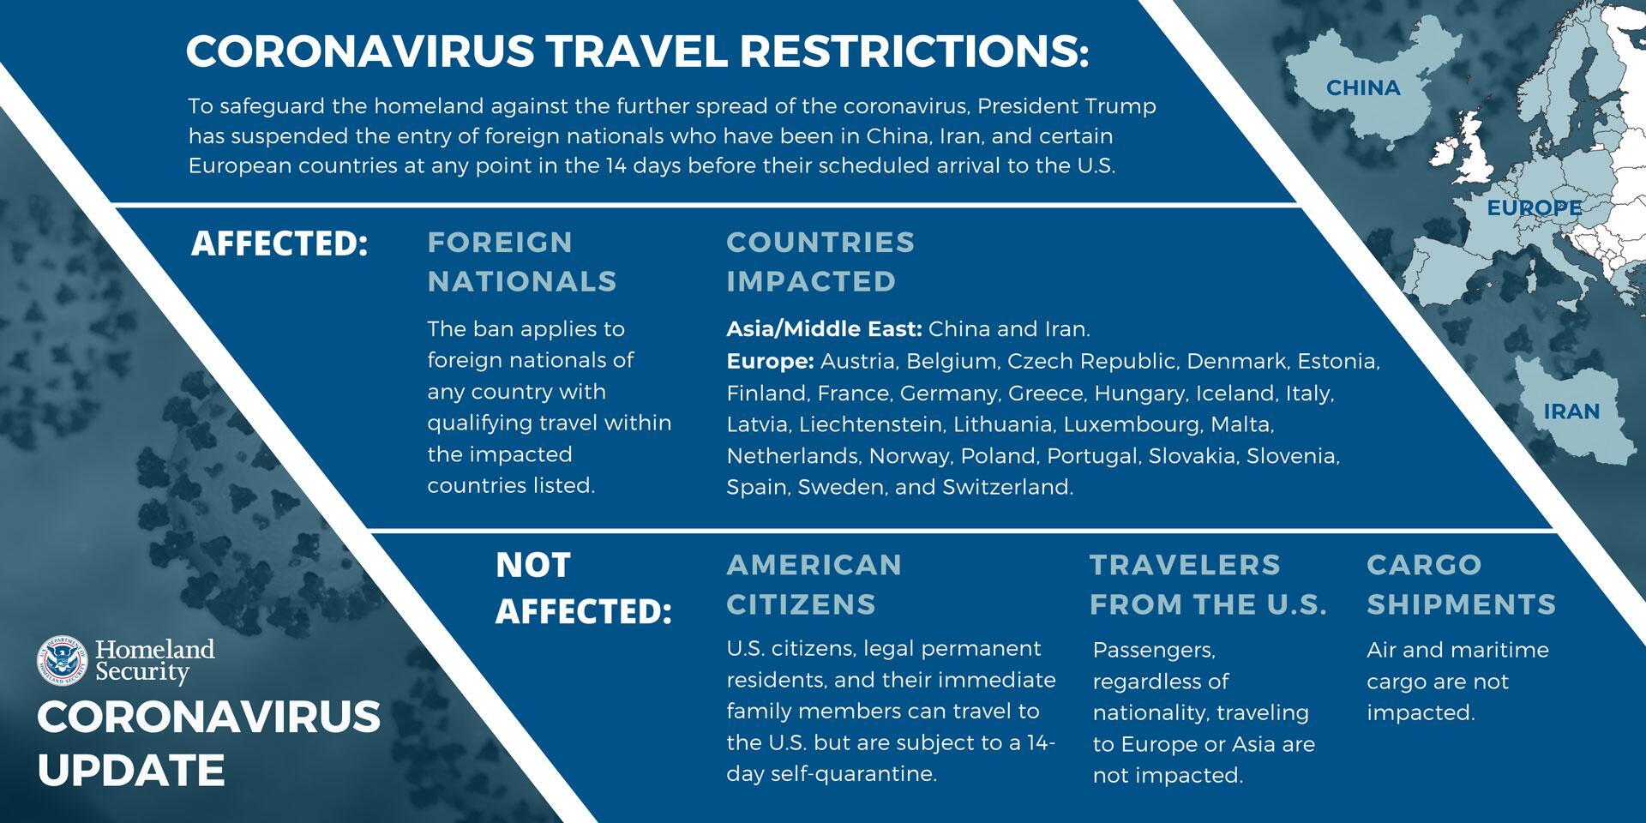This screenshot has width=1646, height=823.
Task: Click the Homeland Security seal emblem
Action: point(63,661)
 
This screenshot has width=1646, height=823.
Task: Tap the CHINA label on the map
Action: point(1363,87)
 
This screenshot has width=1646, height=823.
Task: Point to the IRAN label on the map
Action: point(1571,411)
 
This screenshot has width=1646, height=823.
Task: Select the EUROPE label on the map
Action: point(1535,208)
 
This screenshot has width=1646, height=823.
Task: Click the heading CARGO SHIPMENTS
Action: point(1461,585)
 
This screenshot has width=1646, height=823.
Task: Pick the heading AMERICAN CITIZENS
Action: point(814,585)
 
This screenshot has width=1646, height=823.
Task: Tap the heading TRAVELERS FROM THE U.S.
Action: point(1208,585)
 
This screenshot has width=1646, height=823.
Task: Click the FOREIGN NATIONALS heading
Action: point(522,261)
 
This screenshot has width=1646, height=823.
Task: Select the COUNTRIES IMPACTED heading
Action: point(820,261)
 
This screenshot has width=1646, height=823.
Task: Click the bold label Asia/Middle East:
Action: point(824,329)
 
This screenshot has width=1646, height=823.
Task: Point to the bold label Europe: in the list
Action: point(770,362)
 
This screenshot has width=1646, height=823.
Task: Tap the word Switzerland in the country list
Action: point(1007,487)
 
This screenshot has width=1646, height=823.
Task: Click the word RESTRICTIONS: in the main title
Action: point(913,51)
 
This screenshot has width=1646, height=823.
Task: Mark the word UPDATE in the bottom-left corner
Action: point(131,770)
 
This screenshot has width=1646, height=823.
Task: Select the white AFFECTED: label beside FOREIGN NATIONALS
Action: point(279,243)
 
